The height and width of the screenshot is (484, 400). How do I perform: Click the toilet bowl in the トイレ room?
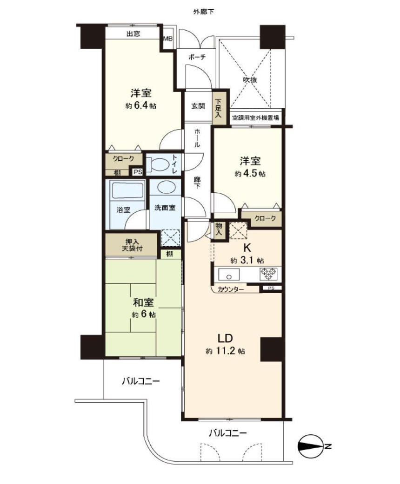coord(157,164)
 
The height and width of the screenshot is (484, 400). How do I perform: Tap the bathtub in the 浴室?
coord(127,190)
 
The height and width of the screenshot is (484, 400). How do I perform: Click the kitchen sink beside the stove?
coord(229,274)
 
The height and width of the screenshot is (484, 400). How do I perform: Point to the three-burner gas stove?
coord(268,274)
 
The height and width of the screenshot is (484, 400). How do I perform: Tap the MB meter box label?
coord(168,39)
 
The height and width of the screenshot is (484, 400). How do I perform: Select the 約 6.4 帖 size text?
coord(140,106)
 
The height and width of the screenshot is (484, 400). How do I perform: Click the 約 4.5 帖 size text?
coord(250,173)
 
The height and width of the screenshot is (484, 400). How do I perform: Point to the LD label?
coord(225,339)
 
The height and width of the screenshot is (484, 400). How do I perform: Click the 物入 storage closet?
coord(219,229)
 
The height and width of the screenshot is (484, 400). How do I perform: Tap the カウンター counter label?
coord(231,289)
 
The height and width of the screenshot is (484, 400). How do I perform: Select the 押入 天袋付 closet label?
coord(132,245)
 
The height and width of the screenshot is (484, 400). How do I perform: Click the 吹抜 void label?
coord(250,79)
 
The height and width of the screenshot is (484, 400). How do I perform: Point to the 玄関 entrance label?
coord(198,106)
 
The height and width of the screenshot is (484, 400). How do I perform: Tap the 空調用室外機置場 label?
coord(256,118)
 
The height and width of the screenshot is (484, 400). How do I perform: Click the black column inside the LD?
coord(272,349)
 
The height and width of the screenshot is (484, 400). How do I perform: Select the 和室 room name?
coord(143,302)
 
